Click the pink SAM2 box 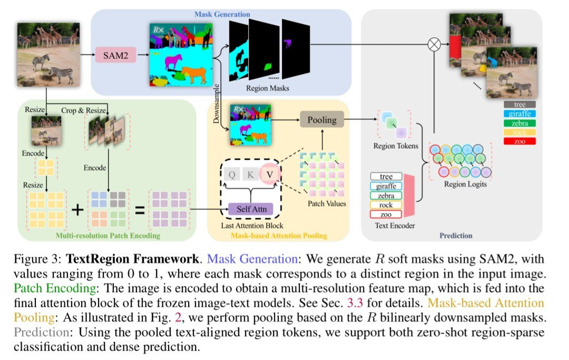115,55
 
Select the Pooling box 322,120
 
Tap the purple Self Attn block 251,209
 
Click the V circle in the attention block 269,174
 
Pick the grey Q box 231,174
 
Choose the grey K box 250,174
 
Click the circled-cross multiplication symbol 434,44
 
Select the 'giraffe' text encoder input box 386,186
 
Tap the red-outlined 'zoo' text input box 386,214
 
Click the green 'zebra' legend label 519,123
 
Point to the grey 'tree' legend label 519,104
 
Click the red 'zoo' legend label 519,141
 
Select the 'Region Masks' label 268,88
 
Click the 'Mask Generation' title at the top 222,14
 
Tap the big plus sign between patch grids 77,209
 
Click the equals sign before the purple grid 140,210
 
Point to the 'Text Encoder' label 395,226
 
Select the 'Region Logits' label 465,184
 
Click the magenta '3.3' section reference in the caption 355,303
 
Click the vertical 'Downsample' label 217,104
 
